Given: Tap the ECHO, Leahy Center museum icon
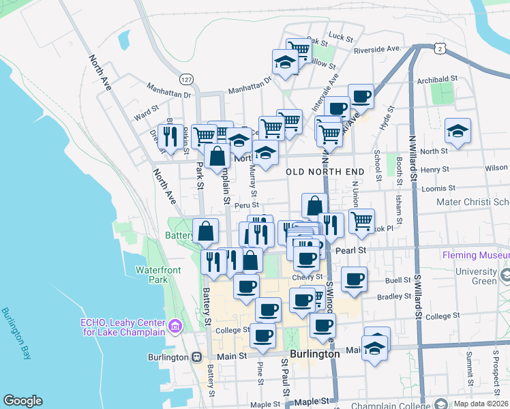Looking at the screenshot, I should [x=175, y=327].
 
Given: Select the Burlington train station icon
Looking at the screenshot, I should [x=196, y=357].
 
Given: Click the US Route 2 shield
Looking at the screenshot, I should [x=441, y=48].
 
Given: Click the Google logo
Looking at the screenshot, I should [x=22, y=401].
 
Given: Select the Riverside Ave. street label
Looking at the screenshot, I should [x=376, y=49].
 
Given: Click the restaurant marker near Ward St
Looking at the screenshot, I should [x=170, y=135].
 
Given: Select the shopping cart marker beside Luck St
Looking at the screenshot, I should [x=298, y=50].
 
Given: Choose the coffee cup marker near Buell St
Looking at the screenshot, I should [x=354, y=279].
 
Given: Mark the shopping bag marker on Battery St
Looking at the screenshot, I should [x=205, y=231].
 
